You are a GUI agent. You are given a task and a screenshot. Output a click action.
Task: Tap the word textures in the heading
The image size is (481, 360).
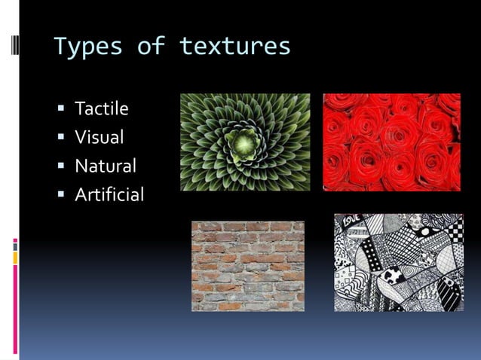(x=234, y=46)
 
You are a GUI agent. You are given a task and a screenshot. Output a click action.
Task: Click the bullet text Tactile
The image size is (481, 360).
(x=102, y=109)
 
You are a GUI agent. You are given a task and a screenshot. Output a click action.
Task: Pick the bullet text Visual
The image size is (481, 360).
(x=100, y=138)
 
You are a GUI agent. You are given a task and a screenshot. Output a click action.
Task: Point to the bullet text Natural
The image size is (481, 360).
(x=106, y=166)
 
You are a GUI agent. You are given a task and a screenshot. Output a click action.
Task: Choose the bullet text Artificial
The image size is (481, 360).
(x=109, y=195)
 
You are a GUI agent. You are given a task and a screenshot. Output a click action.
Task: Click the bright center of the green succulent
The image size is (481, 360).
(x=244, y=141)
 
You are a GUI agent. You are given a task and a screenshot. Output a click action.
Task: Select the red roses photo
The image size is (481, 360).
(x=391, y=142)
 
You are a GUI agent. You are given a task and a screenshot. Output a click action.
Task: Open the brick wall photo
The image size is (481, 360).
(x=247, y=266)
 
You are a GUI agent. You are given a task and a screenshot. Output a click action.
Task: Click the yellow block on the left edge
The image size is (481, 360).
(x=15, y=258)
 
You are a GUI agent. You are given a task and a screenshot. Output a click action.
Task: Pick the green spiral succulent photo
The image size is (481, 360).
(x=245, y=142)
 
